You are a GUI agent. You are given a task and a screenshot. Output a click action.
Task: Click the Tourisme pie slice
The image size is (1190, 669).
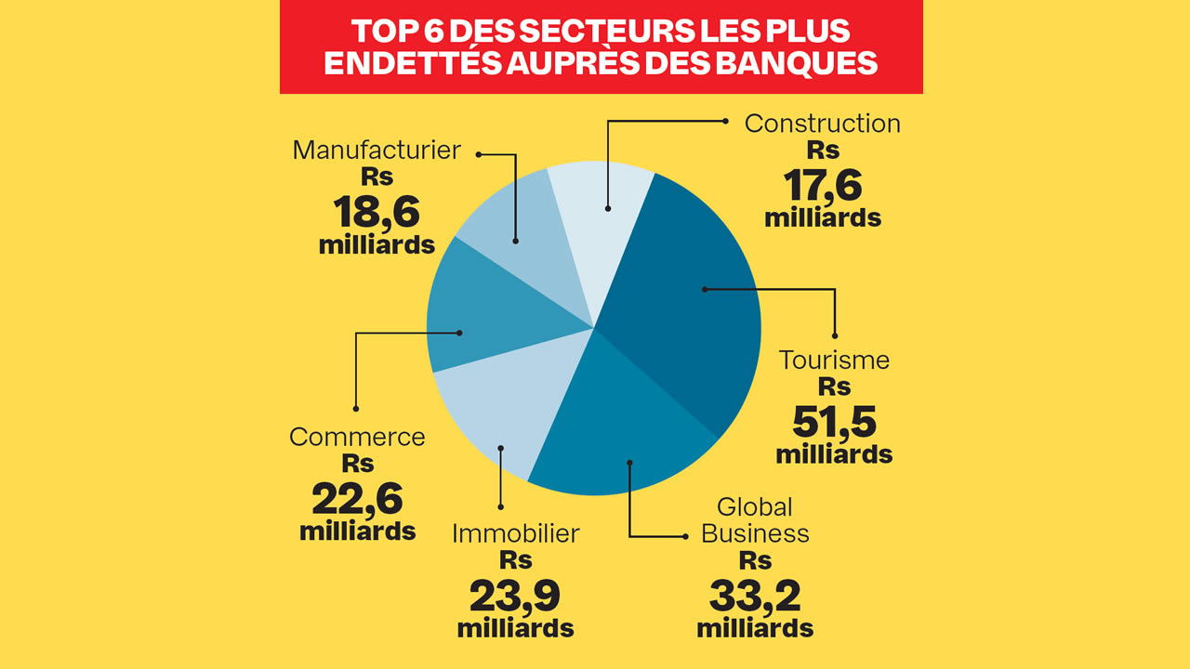point(688,307)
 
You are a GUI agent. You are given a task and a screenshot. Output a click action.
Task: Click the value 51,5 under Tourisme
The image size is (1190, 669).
point(834,423)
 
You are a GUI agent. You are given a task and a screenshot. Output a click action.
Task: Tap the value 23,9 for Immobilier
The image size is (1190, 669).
point(515,595)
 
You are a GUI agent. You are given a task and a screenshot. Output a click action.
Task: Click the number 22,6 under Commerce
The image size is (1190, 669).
point(357,500)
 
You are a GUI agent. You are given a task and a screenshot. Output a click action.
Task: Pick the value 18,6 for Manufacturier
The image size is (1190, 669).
point(377,213)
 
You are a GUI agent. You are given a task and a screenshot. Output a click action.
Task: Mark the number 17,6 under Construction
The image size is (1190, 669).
point(823,185)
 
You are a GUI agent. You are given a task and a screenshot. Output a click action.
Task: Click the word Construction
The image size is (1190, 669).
point(823,124)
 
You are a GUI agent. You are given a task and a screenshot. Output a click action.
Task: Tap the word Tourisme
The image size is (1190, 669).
point(834,360)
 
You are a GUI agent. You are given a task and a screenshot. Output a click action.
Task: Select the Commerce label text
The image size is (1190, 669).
point(357,437)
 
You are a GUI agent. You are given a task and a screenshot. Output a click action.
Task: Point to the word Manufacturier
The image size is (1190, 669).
point(377,150)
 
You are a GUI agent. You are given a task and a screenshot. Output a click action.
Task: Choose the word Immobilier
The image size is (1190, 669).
point(515,533)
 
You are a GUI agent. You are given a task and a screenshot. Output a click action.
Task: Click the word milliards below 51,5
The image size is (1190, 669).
point(834,455)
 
